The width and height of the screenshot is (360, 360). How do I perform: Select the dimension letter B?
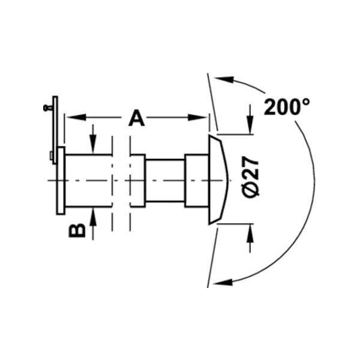coord(77,230)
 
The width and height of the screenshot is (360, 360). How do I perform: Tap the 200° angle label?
coord(287,107)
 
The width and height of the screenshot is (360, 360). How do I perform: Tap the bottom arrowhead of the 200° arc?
coord(221,280)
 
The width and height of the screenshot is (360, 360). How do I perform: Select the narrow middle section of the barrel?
coord(164,180)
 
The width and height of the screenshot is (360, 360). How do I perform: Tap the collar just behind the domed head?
coord(195,180)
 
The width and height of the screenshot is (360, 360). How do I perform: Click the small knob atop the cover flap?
coord(46,108)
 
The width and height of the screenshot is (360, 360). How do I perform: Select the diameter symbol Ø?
coord(252,191)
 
